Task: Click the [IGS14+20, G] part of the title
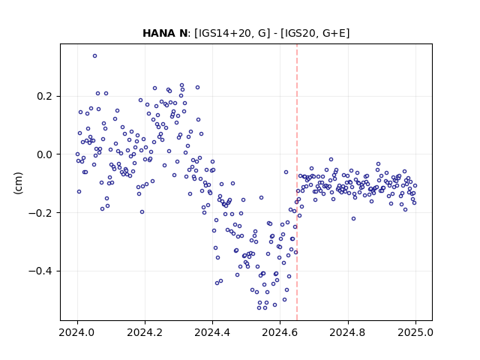pos(232,33)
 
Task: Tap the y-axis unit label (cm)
pos(18,183)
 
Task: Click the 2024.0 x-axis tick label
pos(77,332)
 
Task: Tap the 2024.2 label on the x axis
pos(145,332)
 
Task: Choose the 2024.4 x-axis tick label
pos(212,332)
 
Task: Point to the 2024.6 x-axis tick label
pos(280,332)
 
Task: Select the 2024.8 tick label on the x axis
pos(348,332)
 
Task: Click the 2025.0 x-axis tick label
pos(415,332)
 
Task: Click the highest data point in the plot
pos(95,56)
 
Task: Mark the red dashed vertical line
pos(297,182)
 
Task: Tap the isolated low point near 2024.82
pos(353,218)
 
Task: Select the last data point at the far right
pos(415,185)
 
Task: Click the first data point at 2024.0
pos(77,154)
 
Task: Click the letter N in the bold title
pos(183,33)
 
